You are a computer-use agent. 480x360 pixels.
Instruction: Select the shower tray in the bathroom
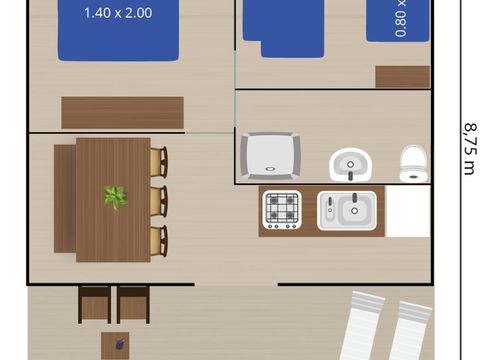tap(271, 154)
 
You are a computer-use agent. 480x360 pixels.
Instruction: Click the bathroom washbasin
tap(349, 163)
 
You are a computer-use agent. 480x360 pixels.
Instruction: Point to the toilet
tap(412, 163)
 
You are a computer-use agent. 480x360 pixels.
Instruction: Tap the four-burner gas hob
tap(282, 210)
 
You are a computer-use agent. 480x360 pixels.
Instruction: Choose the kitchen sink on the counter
tap(346, 210)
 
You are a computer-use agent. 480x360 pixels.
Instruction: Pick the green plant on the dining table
tap(116, 197)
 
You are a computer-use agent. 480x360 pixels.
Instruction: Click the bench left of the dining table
tap(64, 200)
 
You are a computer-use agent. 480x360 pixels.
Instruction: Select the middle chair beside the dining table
tap(158, 200)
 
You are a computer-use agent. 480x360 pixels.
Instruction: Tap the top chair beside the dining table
tap(158, 162)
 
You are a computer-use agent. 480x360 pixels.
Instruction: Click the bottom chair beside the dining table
tap(158, 239)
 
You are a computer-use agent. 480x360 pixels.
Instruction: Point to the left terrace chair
tap(95, 303)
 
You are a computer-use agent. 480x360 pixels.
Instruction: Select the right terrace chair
tap(133, 303)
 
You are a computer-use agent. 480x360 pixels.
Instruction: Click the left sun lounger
tap(358, 328)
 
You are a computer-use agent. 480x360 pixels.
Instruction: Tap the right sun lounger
tap(410, 330)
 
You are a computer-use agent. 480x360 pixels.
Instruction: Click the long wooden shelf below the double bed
tap(122, 112)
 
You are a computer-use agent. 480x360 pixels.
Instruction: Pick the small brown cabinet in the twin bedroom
tap(402, 77)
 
